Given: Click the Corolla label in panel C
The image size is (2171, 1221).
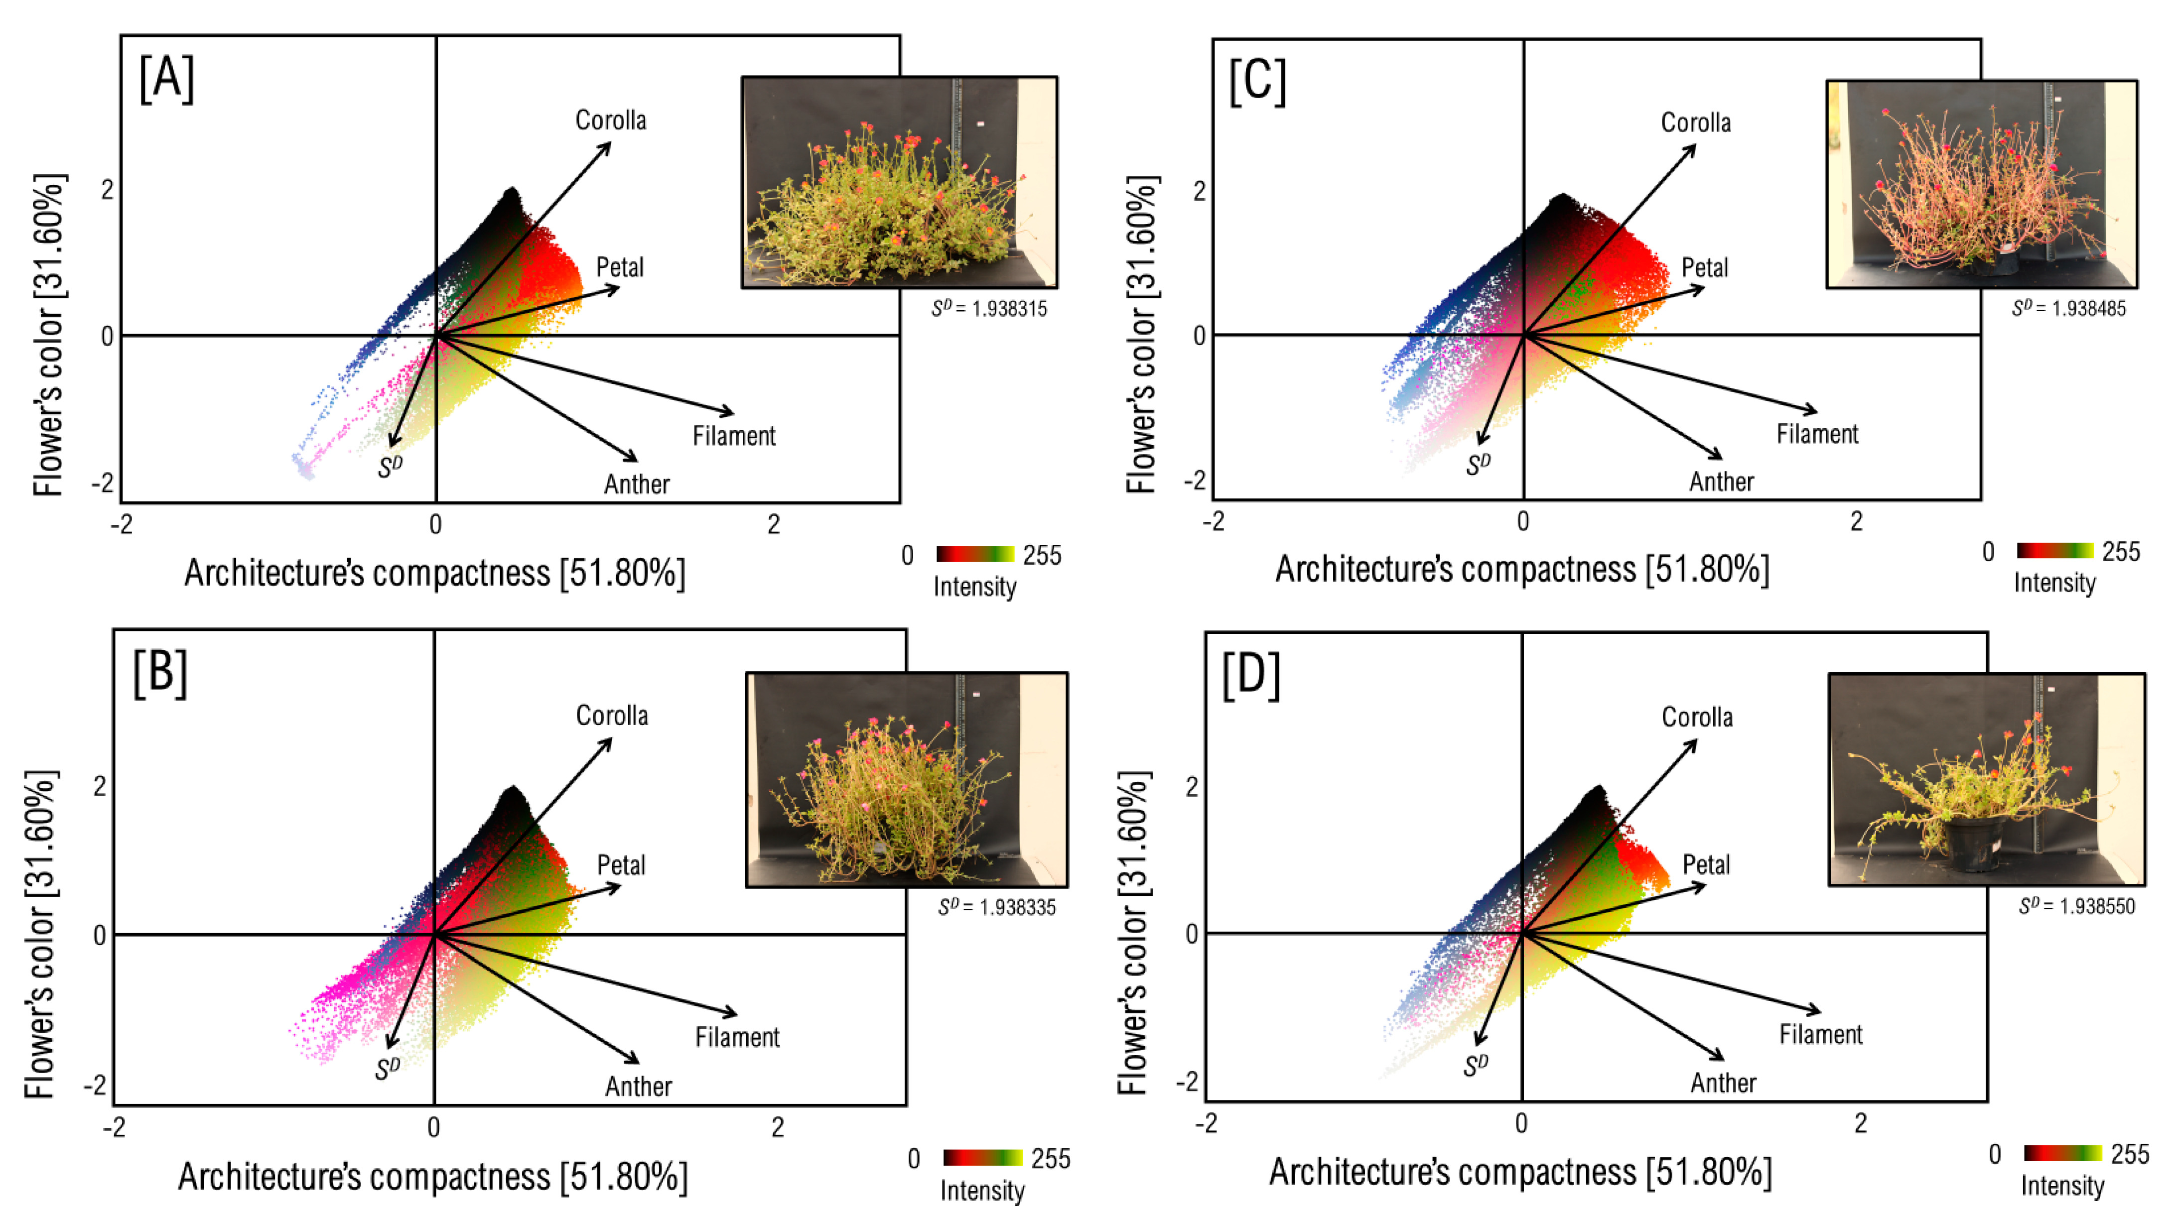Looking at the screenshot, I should [1696, 123].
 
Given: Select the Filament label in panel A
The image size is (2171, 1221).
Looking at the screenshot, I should [733, 436].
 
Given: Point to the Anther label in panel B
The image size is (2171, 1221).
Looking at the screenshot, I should [638, 1086].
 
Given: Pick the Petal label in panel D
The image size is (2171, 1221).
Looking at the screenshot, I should [1706, 864].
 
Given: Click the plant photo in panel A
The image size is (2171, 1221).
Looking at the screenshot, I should [899, 183].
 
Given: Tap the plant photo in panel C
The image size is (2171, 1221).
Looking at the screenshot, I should [1981, 185].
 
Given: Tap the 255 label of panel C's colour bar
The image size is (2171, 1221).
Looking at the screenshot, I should [2120, 552].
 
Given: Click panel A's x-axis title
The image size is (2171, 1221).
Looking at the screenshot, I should [435, 574].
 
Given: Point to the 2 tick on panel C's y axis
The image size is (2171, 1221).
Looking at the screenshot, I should [1199, 191].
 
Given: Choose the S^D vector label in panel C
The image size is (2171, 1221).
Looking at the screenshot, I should [1478, 464].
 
